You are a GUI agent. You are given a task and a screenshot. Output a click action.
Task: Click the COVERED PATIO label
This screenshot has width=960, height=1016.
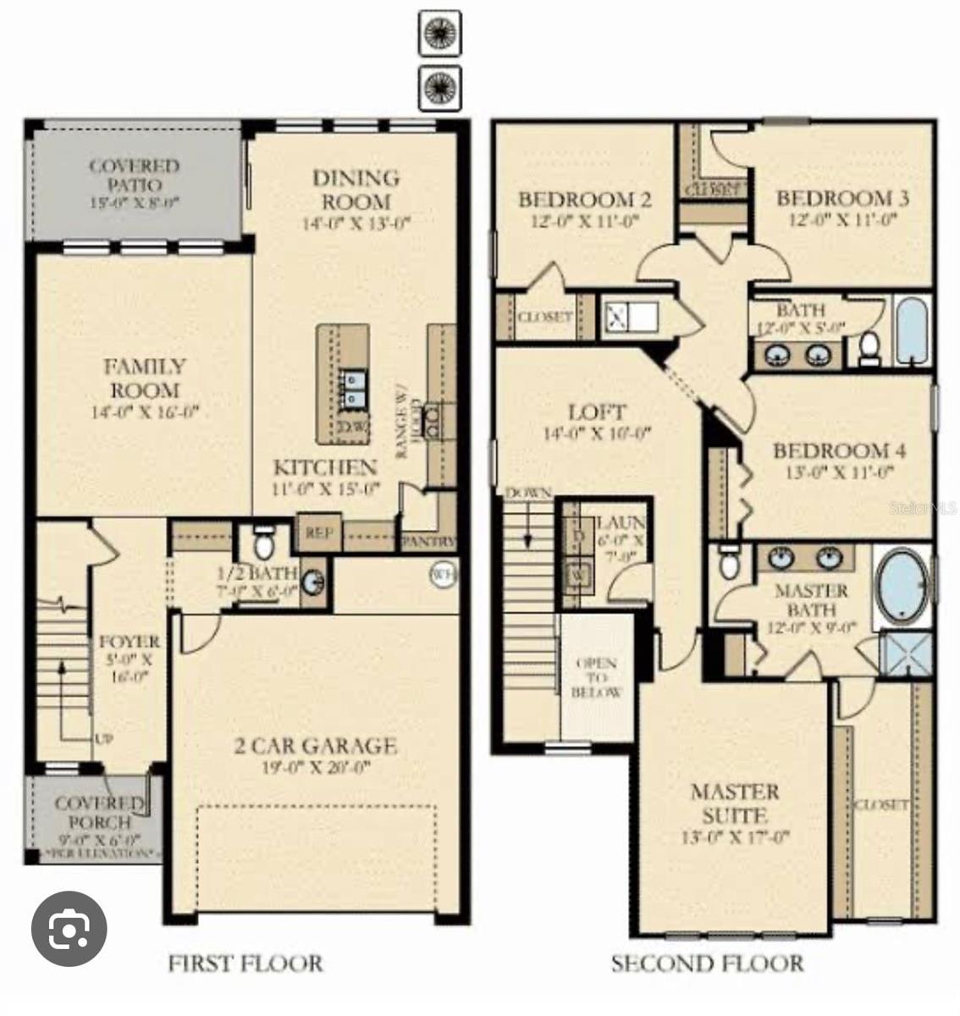point(135,175)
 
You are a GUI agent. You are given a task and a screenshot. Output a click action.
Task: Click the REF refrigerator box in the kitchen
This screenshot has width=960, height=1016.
point(318,533)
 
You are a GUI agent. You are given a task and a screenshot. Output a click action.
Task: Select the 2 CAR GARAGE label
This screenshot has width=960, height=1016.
point(315,746)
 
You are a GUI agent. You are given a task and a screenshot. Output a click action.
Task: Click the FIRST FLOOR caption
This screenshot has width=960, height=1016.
point(246,963)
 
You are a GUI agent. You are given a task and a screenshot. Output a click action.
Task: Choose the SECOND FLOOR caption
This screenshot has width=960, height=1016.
point(707,963)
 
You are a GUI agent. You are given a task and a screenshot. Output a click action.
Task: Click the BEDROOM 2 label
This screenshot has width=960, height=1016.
point(584,200)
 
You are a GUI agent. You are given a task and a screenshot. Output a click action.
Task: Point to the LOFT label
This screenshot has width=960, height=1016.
point(597,412)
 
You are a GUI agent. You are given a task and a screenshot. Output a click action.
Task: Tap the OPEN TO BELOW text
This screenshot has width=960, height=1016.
point(596,677)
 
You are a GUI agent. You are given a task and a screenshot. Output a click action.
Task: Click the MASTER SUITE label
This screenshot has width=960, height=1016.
point(734,803)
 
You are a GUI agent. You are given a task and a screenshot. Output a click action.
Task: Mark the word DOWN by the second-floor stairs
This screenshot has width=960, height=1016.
point(528,493)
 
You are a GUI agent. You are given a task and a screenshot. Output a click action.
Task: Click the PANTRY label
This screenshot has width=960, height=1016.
point(428,541)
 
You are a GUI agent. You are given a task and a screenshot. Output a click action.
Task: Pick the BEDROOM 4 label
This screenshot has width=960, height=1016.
point(839,450)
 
